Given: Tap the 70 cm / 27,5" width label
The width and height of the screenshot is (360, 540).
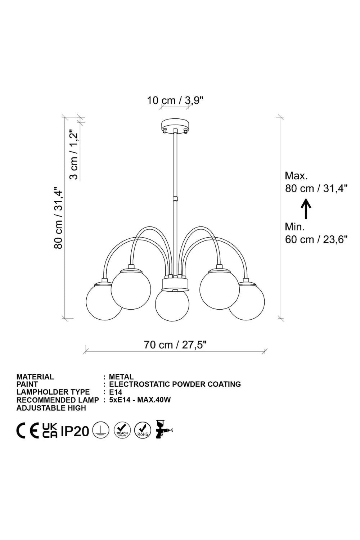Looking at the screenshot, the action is click(176, 345).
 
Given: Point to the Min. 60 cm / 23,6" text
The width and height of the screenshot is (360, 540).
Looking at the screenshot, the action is click(316, 233).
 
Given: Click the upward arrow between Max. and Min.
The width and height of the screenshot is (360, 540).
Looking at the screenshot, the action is click(306, 209).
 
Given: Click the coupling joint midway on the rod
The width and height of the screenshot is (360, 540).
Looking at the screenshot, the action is click(175, 199).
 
